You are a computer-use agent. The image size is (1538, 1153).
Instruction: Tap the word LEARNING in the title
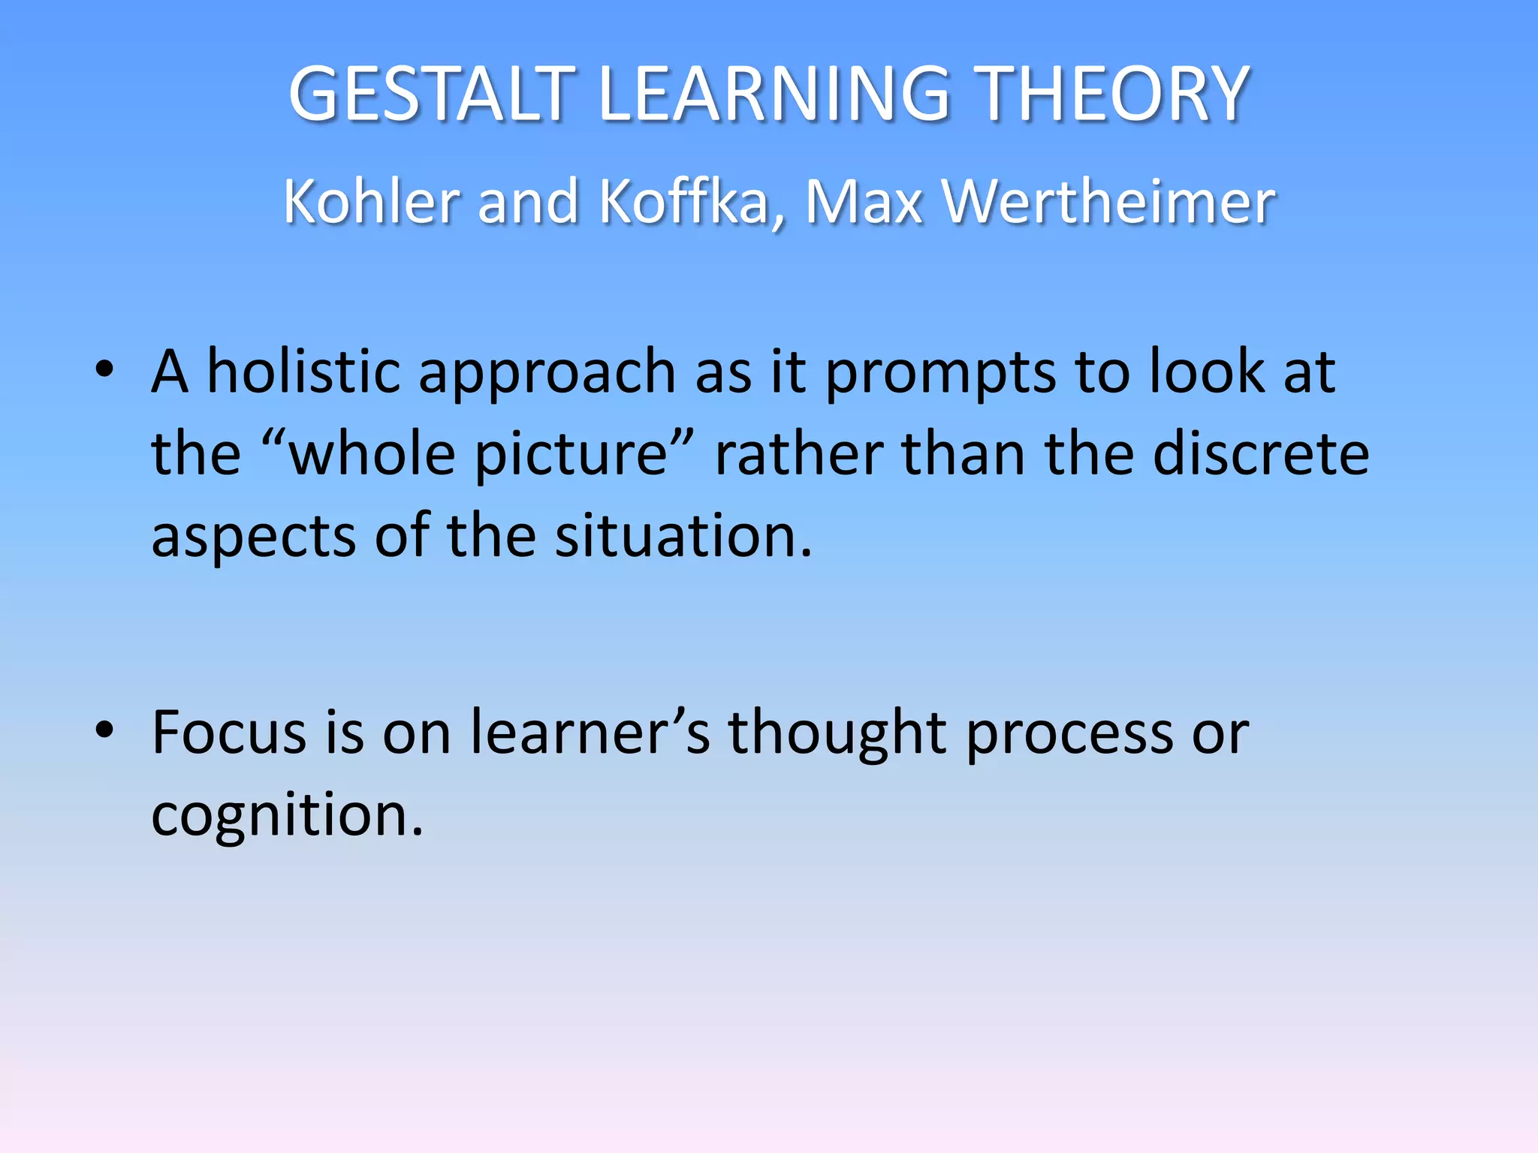pos(774,94)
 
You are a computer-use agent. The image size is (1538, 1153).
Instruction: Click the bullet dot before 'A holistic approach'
pos(104,369)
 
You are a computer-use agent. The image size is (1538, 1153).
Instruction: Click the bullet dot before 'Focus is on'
pos(104,729)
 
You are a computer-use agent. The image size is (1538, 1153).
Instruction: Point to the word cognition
pos(288,817)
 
